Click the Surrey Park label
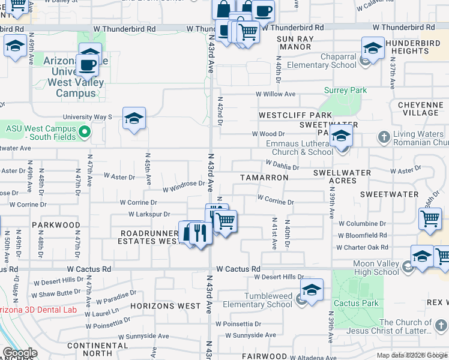pos(345,91)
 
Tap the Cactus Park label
pos(356,303)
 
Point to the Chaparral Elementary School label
pos(321,65)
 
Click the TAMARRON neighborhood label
pos(264,178)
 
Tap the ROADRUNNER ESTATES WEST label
pos(149,237)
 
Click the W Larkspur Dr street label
pos(149,214)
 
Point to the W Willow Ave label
pos(276,94)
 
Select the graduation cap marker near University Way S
pos(134,118)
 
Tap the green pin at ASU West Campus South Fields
pos(85,131)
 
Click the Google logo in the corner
pos(20,353)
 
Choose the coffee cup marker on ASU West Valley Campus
pos(88,64)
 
